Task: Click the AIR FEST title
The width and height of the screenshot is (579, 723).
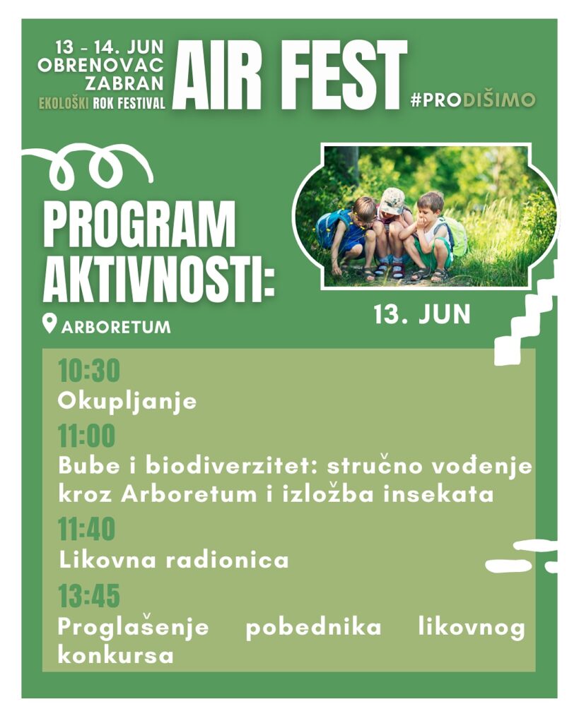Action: coord(290,76)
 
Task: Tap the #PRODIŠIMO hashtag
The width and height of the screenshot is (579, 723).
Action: coord(473,100)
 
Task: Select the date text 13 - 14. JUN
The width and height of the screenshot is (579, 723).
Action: coord(110,47)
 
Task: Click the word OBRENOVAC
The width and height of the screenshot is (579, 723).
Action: coord(100,66)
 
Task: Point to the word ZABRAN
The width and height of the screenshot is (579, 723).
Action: coord(124,83)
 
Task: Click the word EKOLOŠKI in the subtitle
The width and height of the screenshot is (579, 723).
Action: coord(64,103)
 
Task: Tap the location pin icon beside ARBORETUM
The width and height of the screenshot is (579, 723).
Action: coord(49,323)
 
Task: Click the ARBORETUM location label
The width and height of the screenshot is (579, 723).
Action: coord(116,327)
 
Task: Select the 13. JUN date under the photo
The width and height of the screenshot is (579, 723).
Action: coord(421,314)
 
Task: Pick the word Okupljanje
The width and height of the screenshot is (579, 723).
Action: coord(127,401)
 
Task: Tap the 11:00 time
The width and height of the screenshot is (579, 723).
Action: coord(86,436)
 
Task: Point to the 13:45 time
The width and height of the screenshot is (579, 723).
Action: coord(88,595)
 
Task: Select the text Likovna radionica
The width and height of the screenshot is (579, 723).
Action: coord(174,560)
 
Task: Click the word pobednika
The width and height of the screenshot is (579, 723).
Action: coord(313,628)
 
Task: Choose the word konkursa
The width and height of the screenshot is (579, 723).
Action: coord(116,655)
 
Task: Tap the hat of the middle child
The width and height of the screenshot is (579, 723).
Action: coord(392,201)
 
